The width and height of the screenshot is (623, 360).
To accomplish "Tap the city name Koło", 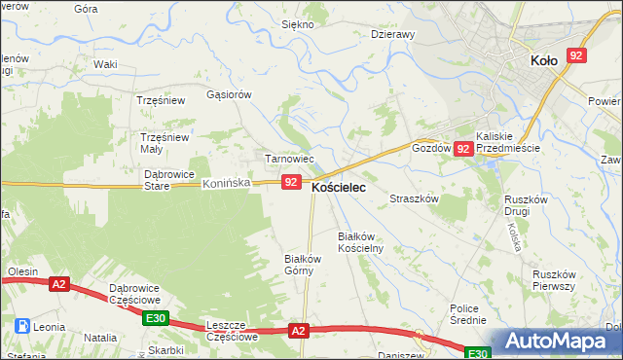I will click(543, 60).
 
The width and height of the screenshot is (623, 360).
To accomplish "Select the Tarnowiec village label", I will click(289, 159).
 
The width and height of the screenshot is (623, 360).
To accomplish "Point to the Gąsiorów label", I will click(230, 94).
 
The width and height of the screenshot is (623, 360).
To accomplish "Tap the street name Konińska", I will click(227, 182).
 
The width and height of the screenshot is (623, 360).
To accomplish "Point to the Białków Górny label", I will click(302, 265).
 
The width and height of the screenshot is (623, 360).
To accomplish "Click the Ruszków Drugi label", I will click(529, 205).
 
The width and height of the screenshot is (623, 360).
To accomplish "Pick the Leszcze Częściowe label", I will click(232, 330).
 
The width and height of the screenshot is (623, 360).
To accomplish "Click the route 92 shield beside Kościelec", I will click(290, 182).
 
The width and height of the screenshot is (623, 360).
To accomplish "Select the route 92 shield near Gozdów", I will click(463, 149).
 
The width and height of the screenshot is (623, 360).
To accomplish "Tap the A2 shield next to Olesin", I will click(59, 284).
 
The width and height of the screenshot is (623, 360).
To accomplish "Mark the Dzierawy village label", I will click(393, 33).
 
